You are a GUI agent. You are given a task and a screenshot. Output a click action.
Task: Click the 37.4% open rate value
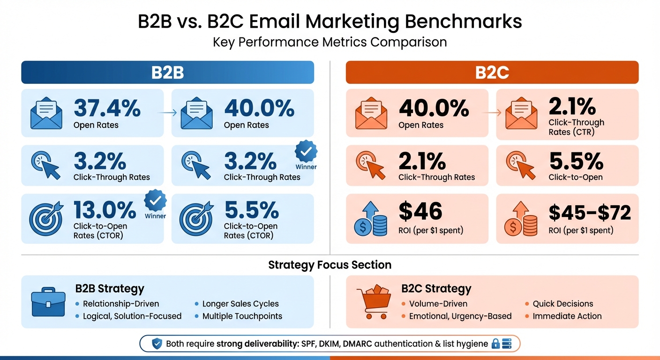click(x=107, y=108)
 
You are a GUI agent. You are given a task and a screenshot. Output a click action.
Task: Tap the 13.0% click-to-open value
click(x=105, y=210)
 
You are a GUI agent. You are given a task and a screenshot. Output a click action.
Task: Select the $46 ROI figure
click(x=420, y=211)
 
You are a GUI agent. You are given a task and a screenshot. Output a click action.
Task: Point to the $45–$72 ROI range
click(x=590, y=213)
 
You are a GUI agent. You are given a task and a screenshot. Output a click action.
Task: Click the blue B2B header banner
click(x=167, y=73)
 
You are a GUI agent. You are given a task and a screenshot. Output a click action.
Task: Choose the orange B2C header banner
click(x=492, y=73)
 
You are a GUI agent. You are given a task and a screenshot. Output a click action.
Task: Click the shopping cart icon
click(x=374, y=302)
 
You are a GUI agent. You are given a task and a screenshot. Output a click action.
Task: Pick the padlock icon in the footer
click(x=495, y=344)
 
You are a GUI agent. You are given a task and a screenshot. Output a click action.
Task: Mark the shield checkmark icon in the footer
click(x=157, y=344)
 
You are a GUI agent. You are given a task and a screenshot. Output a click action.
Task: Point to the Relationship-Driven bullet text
click(x=121, y=304)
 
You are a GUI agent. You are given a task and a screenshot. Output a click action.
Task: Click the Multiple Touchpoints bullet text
click(x=242, y=316)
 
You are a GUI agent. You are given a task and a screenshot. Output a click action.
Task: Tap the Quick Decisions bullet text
click(x=562, y=304)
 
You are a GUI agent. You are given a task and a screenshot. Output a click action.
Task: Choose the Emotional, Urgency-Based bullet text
click(x=460, y=316)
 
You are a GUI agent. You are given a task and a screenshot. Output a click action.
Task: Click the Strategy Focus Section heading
click(x=330, y=265)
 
